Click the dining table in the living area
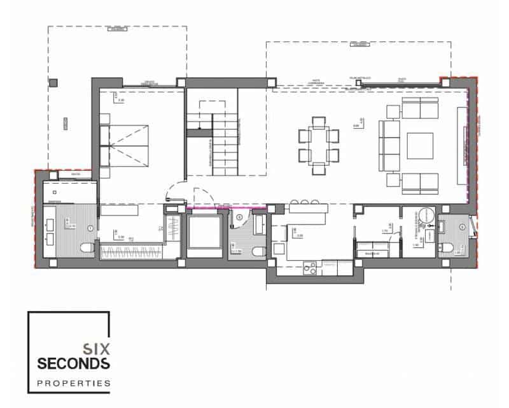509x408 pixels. click(x=318, y=145)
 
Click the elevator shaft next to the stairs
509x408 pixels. click(x=203, y=233)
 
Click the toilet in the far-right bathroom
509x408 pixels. click(x=449, y=248)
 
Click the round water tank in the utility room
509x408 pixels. click(x=424, y=215)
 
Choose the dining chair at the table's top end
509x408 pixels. click(x=318, y=120)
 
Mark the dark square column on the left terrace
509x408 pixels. click(x=53, y=82)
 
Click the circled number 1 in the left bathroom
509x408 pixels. click(x=90, y=228)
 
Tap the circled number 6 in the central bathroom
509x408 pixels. click(x=239, y=217)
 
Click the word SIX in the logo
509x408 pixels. click(x=97, y=349)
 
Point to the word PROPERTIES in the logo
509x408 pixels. click(x=73, y=383)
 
